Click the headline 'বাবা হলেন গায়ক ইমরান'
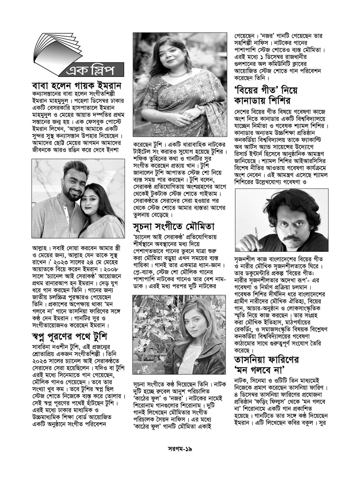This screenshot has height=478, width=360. click(77, 85)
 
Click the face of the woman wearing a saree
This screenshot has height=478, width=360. click(176, 54)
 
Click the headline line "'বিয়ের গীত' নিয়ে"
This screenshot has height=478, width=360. click(266, 93)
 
